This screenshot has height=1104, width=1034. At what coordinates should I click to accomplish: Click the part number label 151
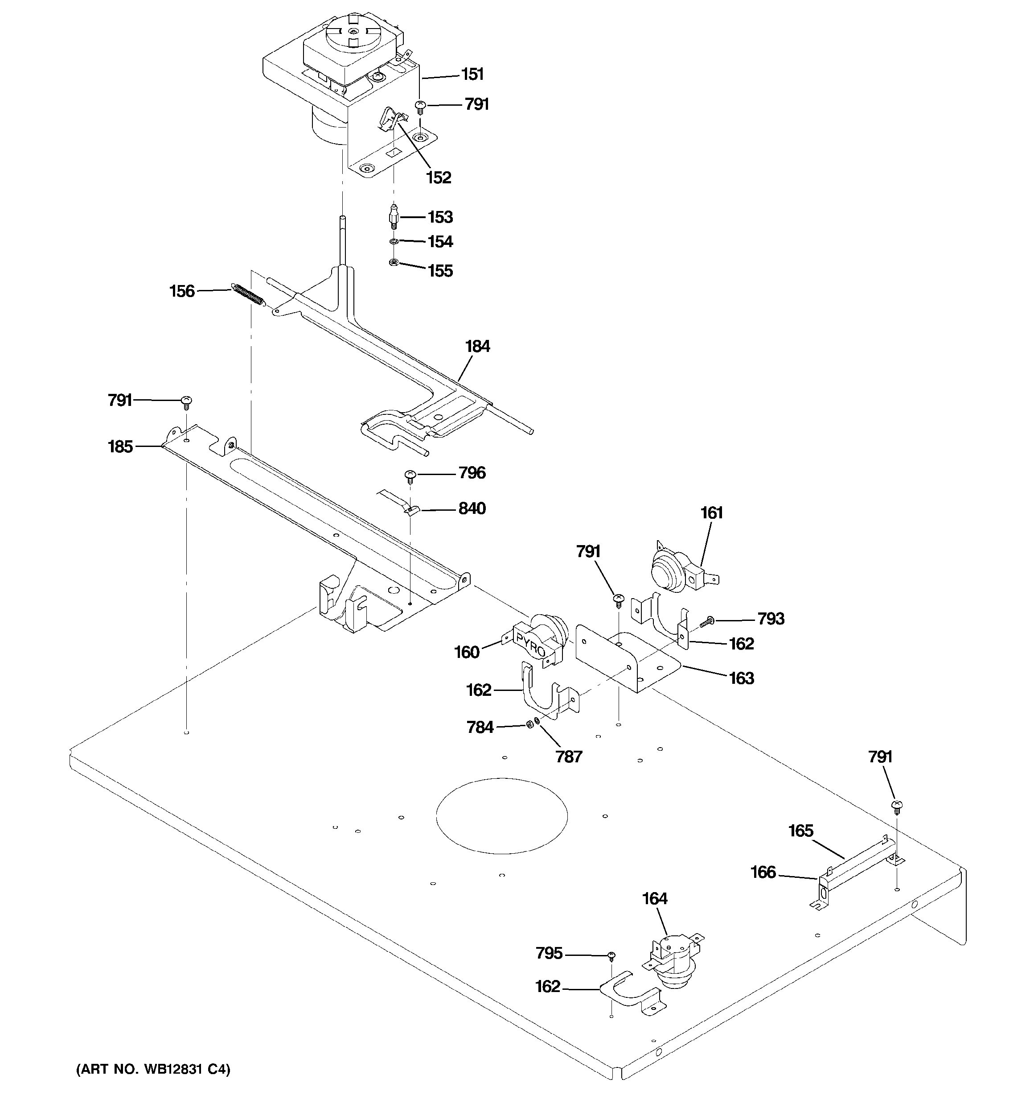(x=472, y=74)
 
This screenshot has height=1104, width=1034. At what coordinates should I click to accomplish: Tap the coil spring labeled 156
(x=247, y=294)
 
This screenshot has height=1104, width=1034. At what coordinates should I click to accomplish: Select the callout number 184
(x=477, y=347)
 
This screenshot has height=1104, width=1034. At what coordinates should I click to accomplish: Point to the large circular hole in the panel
(x=502, y=816)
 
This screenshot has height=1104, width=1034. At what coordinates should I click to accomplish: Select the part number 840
(x=472, y=509)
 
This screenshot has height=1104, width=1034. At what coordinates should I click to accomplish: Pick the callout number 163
(x=742, y=678)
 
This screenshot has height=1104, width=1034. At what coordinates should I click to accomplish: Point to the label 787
(x=569, y=757)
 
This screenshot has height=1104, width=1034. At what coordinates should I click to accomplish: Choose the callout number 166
(x=763, y=872)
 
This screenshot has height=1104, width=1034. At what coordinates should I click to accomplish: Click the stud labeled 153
(x=394, y=217)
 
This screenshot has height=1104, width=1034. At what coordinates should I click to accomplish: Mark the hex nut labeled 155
(x=394, y=263)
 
